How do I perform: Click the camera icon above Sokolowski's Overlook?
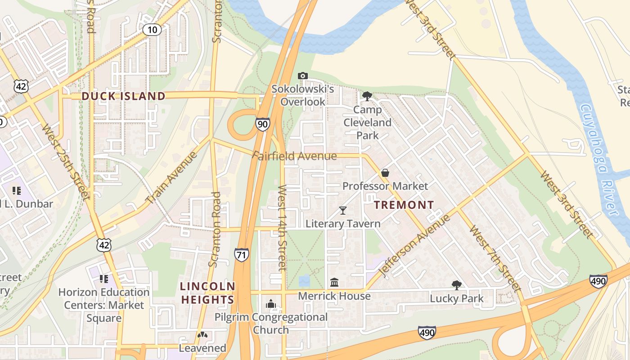303,76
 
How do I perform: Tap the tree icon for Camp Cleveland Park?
367,96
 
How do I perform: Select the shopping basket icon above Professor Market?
385,173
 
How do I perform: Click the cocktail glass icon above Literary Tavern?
343,210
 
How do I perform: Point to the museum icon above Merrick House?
334,283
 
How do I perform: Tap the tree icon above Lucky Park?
456,285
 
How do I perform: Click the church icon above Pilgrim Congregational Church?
271,304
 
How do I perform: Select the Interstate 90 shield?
263,124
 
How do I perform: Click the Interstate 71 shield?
241,255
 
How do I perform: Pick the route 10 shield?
153,30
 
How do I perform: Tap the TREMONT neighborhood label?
404,205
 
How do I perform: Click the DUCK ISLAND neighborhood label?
123,96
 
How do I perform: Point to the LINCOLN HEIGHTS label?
207,293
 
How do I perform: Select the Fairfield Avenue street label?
294,156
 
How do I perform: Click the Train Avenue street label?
171,177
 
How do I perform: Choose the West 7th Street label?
495,258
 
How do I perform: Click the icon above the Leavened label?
202,335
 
